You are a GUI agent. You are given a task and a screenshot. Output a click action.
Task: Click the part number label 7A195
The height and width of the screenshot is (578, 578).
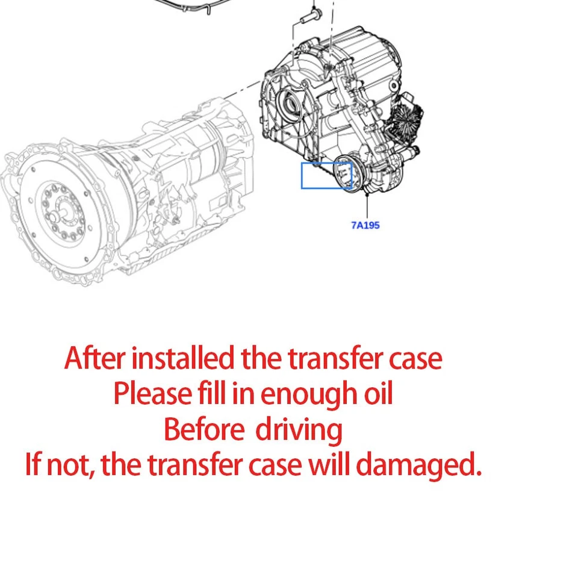(x=365, y=225)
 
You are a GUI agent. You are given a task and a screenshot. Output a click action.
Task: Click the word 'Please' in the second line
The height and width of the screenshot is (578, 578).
(x=143, y=394)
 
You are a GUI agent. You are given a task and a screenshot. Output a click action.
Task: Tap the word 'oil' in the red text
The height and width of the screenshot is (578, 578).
(x=378, y=394)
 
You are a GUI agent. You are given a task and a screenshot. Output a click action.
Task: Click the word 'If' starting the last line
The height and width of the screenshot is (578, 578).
(x=33, y=465)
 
